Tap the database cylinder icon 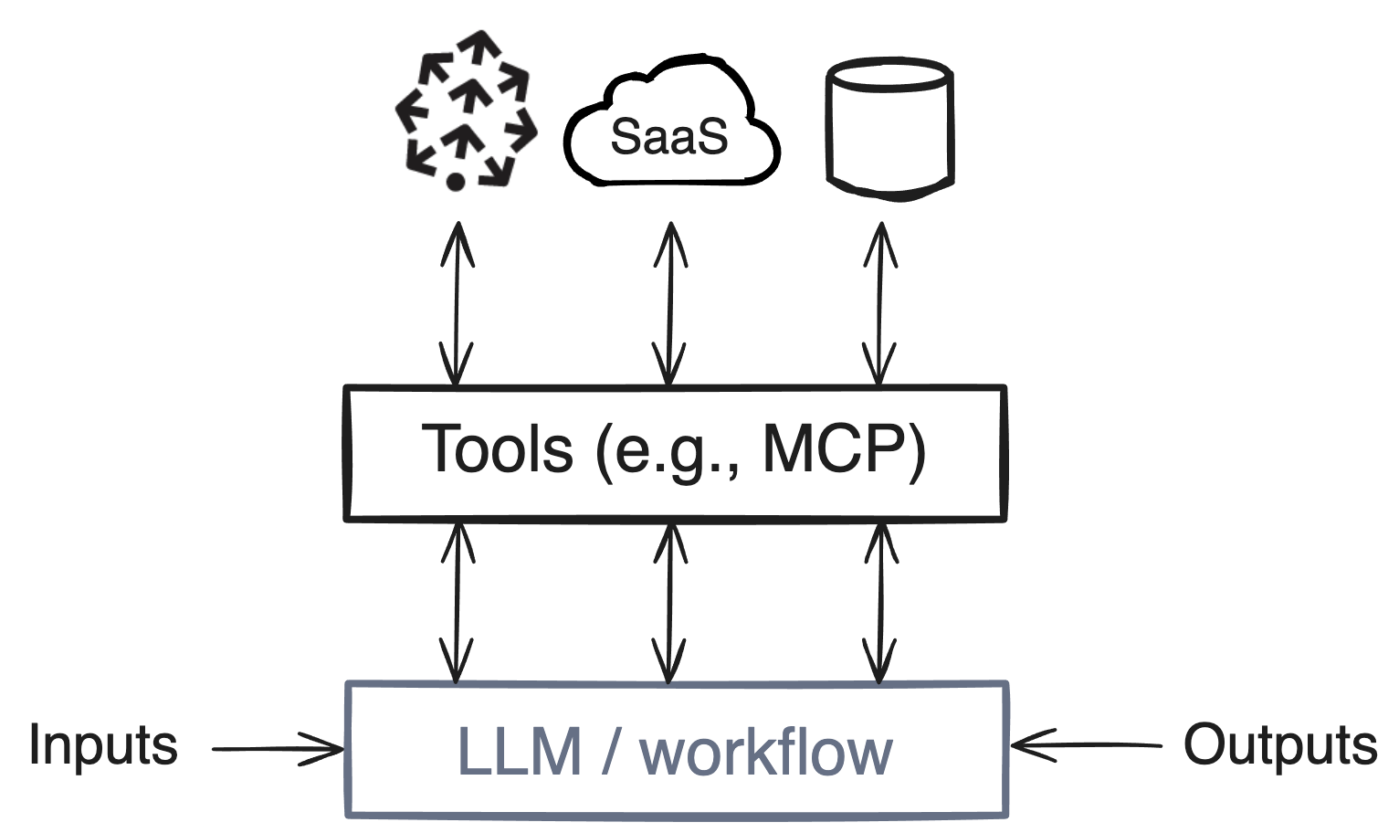(889, 128)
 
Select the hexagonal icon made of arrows (466, 110)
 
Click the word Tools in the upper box (497, 449)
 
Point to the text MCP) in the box (844, 449)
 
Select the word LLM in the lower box (519, 752)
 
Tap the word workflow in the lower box (765, 754)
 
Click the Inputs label (102, 745)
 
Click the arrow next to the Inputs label (278, 749)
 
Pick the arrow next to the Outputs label (1086, 745)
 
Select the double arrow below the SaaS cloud (670, 303)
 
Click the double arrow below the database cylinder (879, 303)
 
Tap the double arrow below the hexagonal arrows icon (457, 303)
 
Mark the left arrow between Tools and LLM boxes (457, 603)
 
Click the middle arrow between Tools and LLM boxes (669, 603)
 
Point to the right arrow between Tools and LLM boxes (880, 603)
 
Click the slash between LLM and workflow (610, 752)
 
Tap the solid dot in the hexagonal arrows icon (456, 181)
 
